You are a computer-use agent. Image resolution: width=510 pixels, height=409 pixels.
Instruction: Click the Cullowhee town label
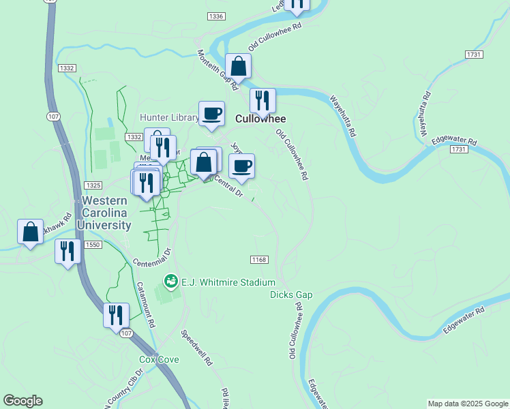click(260, 119)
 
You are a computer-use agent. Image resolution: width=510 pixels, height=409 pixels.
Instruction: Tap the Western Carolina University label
click(104, 213)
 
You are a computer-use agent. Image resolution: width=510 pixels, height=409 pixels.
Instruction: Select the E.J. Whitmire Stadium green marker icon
click(170, 281)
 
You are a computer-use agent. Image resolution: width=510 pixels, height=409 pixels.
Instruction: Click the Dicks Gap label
click(291, 294)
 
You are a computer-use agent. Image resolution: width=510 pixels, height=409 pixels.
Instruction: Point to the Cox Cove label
click(159, 359)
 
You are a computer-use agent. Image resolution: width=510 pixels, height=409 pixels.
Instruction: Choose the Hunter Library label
click(168, 117)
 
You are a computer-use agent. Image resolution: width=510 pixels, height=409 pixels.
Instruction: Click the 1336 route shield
click(216, 16)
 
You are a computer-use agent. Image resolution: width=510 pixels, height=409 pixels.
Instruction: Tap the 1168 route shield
click(259, 260)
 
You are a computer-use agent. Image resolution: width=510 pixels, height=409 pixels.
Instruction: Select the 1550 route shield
click(93, 245)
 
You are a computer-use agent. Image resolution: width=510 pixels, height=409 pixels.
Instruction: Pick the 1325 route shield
click(93, 185)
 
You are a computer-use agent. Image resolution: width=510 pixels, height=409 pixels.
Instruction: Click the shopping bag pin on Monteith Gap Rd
click(239, 67)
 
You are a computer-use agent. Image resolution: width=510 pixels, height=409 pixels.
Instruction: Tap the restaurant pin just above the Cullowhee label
click(262, 101)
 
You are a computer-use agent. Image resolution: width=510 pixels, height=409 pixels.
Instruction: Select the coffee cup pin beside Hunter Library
click(211, 113)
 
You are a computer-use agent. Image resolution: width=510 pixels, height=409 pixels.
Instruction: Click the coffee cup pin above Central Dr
click(241, 166)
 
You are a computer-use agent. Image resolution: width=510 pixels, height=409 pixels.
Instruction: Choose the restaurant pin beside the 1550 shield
click(67, 251)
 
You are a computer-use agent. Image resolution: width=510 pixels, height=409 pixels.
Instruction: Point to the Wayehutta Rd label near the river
click(343, 117)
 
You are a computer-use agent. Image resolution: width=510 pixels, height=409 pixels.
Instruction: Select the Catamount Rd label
click(147, 303)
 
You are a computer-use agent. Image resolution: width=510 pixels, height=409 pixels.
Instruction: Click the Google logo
click(22, 401)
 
